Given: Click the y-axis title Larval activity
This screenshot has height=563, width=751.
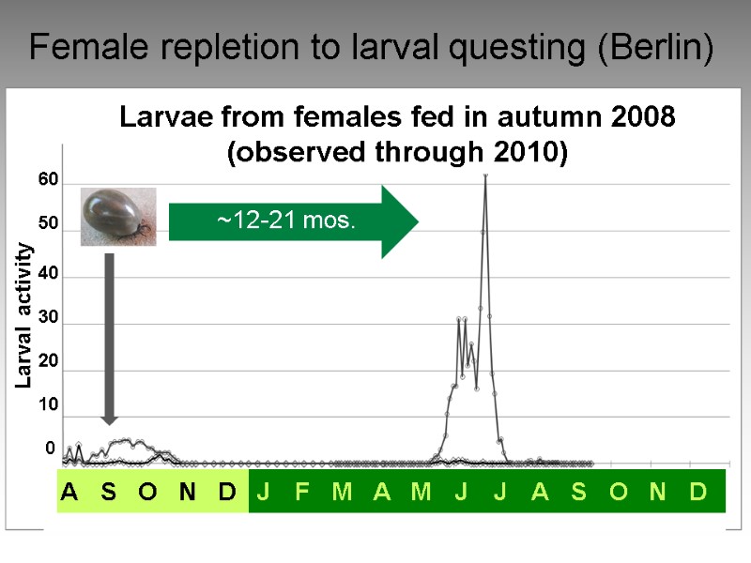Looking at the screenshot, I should pos(25,315).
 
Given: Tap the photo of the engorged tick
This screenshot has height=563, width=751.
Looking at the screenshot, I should pos(117,217).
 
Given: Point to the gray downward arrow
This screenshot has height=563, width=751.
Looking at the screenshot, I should pos(109,338).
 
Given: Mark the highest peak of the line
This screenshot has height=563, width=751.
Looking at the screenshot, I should pos(485,176).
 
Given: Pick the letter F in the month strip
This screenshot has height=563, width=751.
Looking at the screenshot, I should pos(302,492).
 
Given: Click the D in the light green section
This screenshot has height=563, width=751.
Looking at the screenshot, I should pos(226,492).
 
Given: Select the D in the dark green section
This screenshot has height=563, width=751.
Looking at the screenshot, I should pos(697,492).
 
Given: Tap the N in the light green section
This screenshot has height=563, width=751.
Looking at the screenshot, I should pos(187,492).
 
